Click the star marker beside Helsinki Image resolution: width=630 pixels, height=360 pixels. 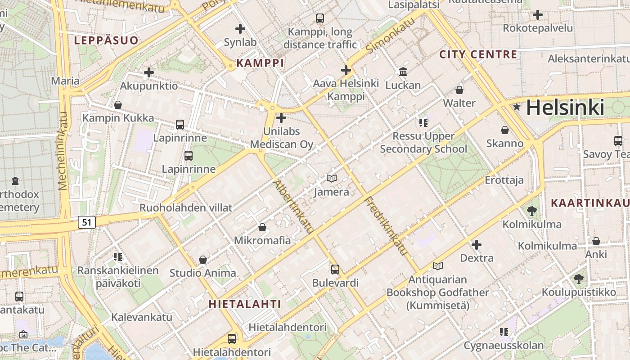coord(517,107)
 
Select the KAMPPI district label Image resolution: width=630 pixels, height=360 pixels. coord(260,63)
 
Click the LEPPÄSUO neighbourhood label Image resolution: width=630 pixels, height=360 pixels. coord(106,40)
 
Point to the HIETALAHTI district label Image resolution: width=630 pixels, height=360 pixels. coord(245,304)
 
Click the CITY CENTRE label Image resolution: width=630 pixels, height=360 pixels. coord(478,54)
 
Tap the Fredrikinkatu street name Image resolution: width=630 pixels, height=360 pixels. coord(386,226)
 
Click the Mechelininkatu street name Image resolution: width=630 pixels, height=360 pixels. coord(63,151)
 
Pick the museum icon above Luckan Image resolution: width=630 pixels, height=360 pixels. coord(403,72)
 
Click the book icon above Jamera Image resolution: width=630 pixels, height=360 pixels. coord(332,179)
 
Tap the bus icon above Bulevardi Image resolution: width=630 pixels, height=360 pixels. coord(335,270)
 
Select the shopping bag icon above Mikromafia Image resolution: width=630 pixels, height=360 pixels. coord(262,227)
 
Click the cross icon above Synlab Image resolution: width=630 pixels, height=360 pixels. coord(240,29)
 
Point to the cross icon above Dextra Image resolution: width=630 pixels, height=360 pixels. coord(477,245)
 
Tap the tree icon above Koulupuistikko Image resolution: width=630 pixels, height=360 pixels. coord(579,279)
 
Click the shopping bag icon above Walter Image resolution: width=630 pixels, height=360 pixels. coord(459,90)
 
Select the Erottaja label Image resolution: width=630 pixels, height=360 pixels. coord(504,180)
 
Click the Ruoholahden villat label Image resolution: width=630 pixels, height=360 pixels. coord(186,207)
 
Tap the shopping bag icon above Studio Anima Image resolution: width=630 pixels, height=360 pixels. coord(203,260)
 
